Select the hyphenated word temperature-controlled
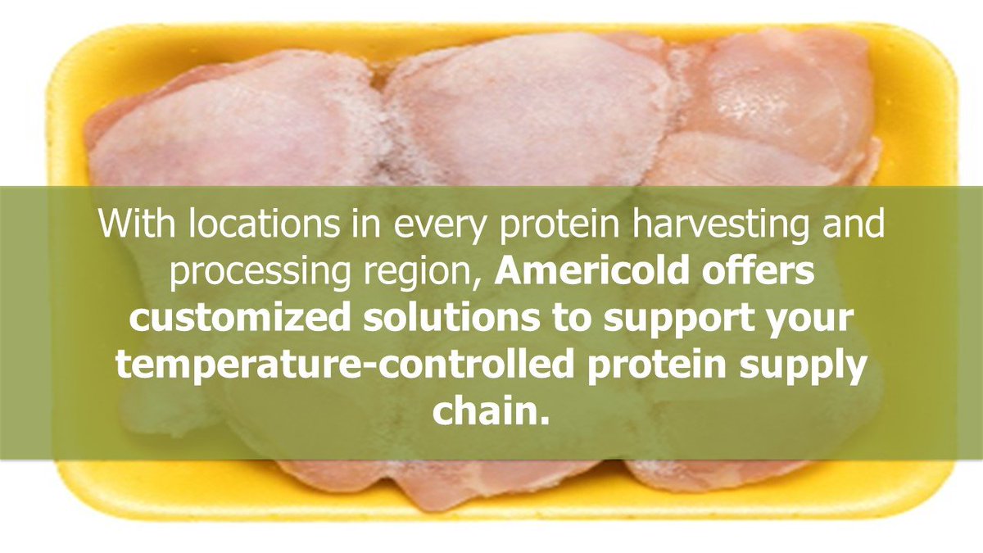(344, 365)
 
